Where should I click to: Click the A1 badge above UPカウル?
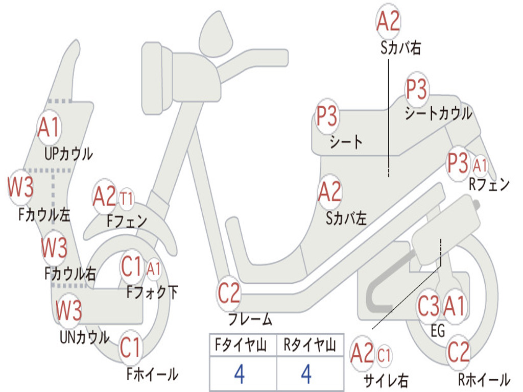pyautogui.click(x=49, y=128)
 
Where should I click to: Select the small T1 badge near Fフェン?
pyautogui.click(x=126, y=198)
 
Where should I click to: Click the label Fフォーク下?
pyautogui.click(x=152, y=293)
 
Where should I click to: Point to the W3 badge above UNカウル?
pyautogui.click(x=68, y=310)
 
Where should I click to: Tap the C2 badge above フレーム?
pyautogui.click(x=229, y=293)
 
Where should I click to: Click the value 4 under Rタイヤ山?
pyautogui.click(x=306, y=374)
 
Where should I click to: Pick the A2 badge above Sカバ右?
pyautogui.click(x=388, y=21)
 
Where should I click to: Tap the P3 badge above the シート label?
pyautogui.click(x=327, y=117)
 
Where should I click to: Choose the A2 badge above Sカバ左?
pyautogui.click(x=329, y=192)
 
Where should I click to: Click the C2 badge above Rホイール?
pyautogui.click(x=458, y=351)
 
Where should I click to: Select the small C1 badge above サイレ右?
pyautogui.click(x=384, y=354)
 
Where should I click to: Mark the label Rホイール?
pyautogui.click(x=484, y=379)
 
